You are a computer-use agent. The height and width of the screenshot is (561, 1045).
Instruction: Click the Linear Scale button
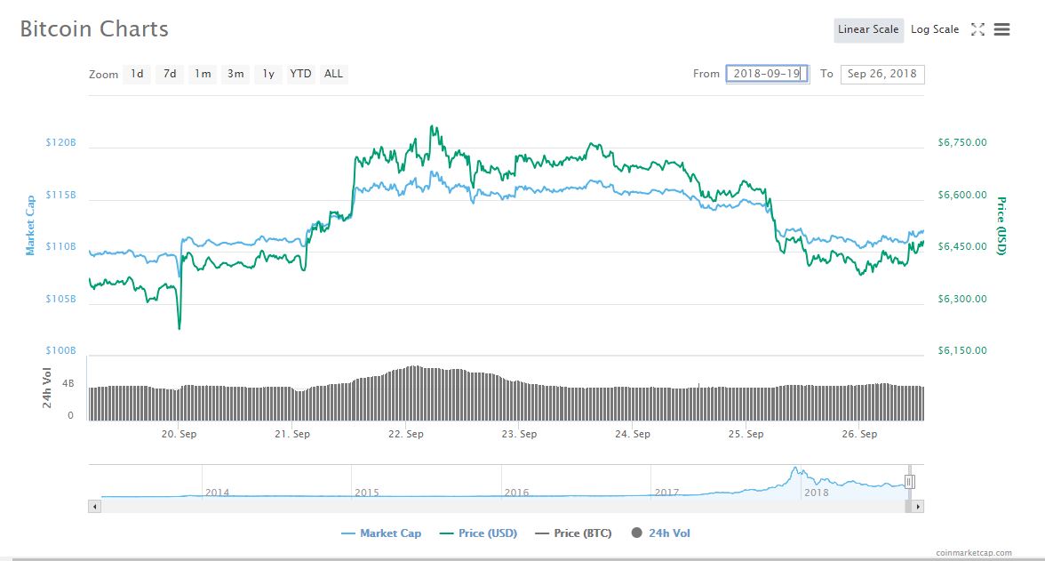(868, 29)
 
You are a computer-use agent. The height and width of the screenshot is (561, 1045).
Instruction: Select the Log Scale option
(935, 29)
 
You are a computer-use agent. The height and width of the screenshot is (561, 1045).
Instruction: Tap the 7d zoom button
(169, 74)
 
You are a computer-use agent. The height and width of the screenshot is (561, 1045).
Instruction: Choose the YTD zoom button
(300, 74)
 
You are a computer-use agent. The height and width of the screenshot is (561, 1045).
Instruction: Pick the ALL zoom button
(333, 74)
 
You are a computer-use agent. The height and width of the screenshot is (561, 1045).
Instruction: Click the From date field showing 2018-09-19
(767, 74)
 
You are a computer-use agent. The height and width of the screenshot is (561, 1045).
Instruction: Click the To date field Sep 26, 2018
(882, 74)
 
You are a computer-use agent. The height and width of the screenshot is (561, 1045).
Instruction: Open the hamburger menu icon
(1001, 29)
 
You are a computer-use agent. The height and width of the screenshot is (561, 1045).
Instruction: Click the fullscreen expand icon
(977, 29)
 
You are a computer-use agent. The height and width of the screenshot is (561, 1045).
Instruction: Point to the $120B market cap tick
(61, 142)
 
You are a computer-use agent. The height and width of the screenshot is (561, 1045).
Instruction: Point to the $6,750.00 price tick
(962, 142)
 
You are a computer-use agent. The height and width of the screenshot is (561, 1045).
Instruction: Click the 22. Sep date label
(405, 434)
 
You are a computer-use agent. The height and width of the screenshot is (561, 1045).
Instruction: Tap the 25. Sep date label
(746, 434)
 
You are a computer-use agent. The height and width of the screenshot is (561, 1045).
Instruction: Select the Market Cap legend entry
(381, 533)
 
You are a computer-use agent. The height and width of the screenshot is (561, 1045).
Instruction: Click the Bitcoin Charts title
(94, 29)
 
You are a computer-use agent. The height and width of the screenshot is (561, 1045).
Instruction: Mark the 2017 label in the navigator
(666, 492)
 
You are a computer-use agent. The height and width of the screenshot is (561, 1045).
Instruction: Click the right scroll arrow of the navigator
(918, 506)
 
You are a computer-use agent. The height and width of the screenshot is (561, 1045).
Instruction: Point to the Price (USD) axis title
(1001, 226)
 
